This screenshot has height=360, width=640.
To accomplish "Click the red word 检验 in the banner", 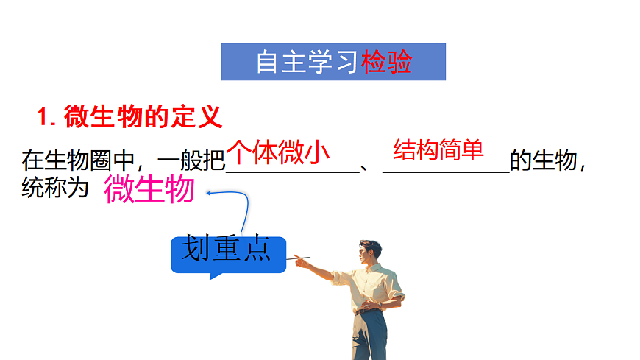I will coord(387,63).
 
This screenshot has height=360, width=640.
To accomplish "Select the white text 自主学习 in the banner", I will coord(307,63).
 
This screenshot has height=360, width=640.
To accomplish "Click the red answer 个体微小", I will coord(277,152).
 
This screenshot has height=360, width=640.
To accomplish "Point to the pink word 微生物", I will coord(149,190).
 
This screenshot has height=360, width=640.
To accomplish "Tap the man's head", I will coord(370,253).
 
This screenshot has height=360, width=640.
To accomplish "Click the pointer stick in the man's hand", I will coord(302,258).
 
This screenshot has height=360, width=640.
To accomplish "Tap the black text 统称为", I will coord(55,188).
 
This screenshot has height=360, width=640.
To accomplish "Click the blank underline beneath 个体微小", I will coord(291,172).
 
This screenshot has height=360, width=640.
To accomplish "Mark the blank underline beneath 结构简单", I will coord(446,172).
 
